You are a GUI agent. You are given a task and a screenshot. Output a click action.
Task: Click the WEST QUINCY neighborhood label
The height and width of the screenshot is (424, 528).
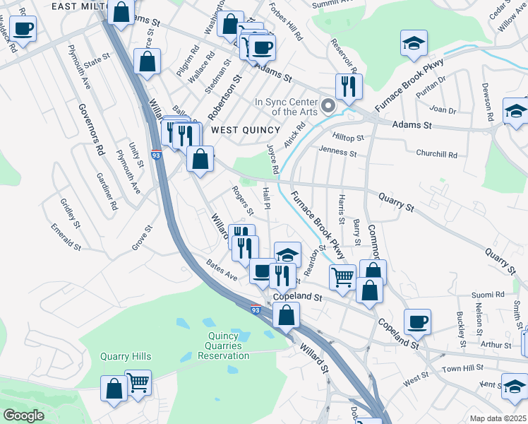246,130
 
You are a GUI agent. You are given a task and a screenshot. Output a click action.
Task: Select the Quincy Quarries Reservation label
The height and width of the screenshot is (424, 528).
228,346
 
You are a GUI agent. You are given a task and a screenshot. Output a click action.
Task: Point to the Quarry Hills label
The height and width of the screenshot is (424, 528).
126,356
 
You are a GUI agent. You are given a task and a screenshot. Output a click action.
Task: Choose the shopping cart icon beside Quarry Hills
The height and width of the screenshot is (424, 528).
138,383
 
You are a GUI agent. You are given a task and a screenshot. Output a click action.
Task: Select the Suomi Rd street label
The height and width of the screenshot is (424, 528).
489,294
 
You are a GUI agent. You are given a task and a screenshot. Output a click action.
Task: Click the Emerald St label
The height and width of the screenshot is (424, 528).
66,236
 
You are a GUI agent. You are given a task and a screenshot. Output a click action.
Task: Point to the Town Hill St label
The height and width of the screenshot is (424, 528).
462,369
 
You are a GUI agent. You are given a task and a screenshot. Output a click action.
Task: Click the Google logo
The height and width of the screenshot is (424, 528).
23,416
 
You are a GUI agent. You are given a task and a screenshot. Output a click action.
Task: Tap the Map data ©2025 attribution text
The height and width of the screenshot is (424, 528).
498,418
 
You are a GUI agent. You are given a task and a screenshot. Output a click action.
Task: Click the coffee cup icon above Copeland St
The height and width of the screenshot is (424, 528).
416,322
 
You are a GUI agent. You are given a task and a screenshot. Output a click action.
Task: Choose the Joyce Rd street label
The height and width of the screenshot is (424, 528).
273,158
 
